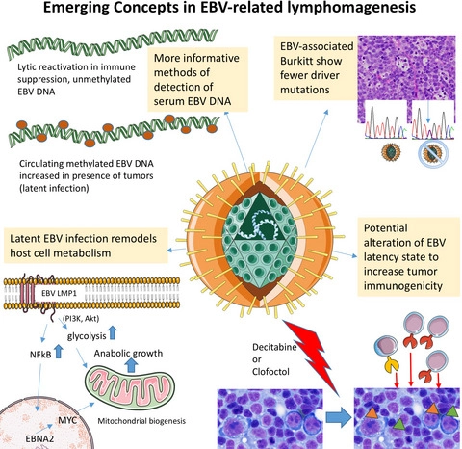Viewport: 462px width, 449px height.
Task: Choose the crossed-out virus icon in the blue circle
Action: pos(432,153)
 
